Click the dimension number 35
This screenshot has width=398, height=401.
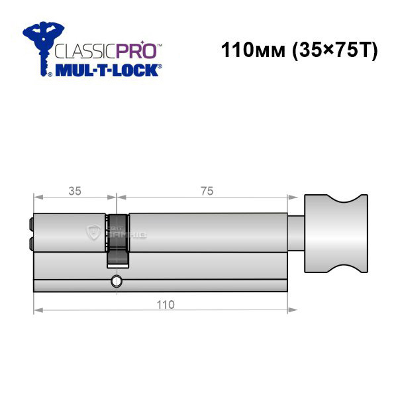point(75,191)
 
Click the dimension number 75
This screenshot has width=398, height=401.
point(207,191)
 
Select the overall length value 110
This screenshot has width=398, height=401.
point(166,305)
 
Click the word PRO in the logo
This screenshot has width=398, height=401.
point(136,51)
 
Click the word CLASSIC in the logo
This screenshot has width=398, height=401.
point(85,51)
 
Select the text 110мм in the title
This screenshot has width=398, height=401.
point(253,50)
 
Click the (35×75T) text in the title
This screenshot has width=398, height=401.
point(334,50)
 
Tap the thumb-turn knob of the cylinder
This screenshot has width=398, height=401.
point(336,233)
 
